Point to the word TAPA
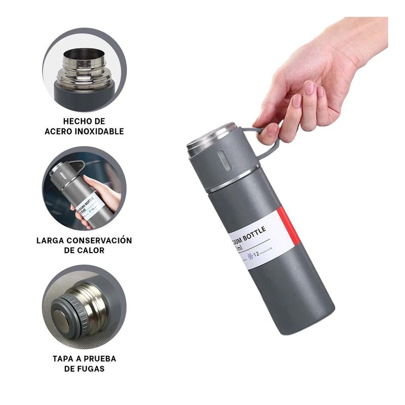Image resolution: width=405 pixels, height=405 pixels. click(63, 358)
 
